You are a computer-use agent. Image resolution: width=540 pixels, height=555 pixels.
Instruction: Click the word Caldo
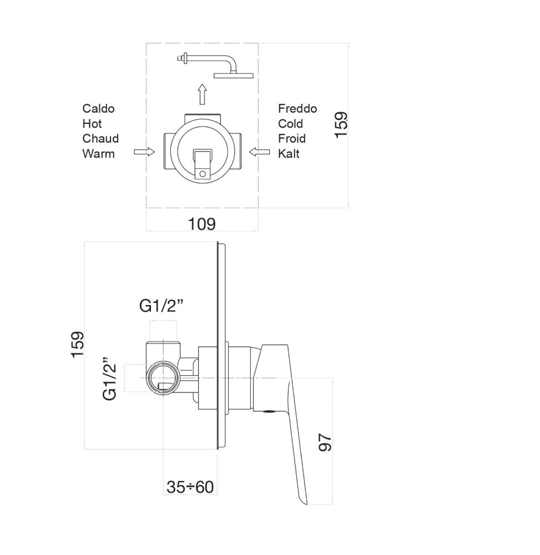click(x=98, y=108)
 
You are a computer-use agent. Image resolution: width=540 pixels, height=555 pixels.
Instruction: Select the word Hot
click(x=92, y=123)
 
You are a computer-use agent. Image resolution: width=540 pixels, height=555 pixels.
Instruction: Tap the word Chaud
click(x=100, y=138)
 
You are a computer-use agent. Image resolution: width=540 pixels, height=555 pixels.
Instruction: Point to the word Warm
click(x=98, y=153)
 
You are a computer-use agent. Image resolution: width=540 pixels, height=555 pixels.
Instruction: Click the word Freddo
click(x=297, y=108)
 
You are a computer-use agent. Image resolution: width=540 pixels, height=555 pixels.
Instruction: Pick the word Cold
click(x=290, y=123)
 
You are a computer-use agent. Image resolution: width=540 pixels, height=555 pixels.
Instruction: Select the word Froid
click(x=292, y=138)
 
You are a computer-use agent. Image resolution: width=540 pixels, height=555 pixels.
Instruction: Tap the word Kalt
click(x=289, y=153)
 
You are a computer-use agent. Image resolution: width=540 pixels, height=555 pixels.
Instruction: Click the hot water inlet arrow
click(x=144, y=152)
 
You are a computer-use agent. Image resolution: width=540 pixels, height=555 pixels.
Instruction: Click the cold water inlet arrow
click(x=259, y=152)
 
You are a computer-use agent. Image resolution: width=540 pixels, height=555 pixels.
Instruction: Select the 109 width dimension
click(x=201, y=224)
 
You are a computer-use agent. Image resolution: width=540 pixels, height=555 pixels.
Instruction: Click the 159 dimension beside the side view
click(x=77, y=344)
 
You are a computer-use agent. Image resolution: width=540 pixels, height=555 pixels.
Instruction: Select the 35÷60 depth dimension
click(x=190, y=487)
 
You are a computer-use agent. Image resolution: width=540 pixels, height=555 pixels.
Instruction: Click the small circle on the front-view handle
click(x=202, y=174)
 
